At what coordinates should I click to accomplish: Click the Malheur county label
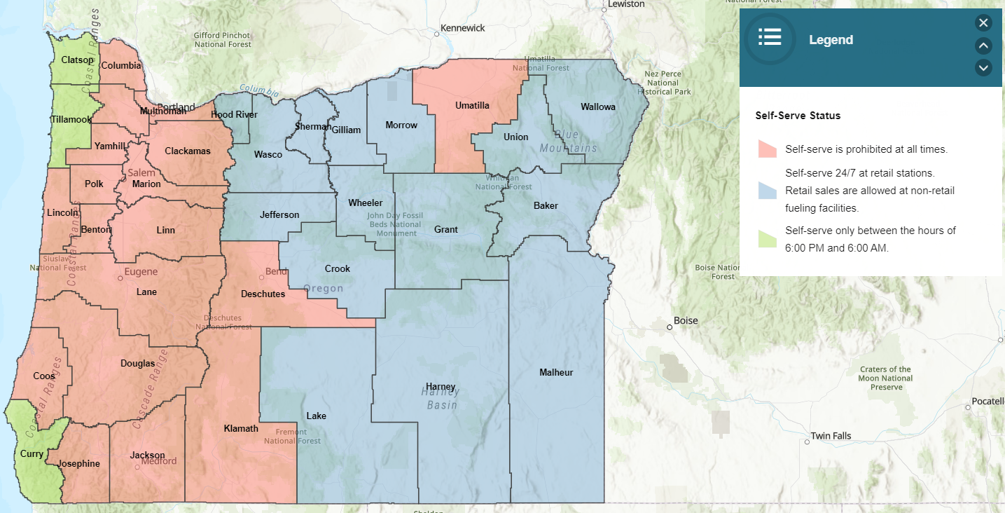[556, 372]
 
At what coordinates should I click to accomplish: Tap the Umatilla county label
[472, 105]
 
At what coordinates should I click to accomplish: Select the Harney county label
[441, 386]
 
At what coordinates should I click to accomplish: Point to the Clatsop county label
[77, 60]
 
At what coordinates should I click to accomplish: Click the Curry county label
[32, 453]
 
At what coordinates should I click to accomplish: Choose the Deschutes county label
[263, 294]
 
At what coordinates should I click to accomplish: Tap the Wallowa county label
[597, 107]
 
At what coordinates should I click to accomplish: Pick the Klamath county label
[241, 428]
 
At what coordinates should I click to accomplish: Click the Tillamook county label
[71, 119]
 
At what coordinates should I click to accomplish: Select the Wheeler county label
[366, 203]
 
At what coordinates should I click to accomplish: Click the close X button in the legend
[983, 23]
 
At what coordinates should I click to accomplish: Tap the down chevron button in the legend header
[983, 67]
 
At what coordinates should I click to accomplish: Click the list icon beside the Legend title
[770, 38]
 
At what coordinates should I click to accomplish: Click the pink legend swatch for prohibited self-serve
[767, 149]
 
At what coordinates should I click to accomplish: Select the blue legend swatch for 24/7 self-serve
[767, 190]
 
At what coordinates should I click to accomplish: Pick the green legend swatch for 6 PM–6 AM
[767, 239]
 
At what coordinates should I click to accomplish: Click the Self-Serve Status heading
[798, 115]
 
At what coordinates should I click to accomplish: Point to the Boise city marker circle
[669, 327]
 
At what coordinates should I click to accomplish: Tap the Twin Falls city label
[831, 436]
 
